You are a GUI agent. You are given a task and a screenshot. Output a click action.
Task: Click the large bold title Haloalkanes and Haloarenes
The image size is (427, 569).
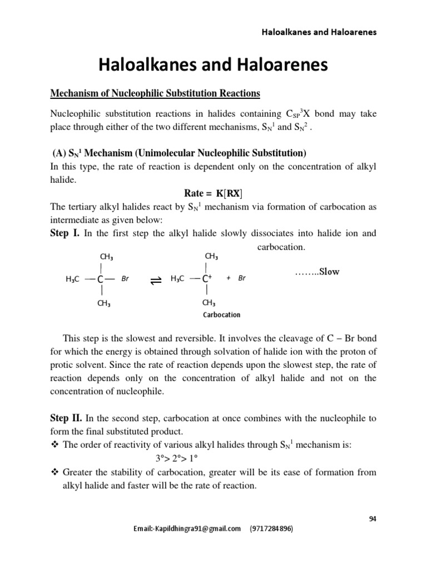click(213, 66)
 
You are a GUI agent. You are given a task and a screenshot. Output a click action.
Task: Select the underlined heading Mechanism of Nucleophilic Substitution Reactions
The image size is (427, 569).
click(155, 93)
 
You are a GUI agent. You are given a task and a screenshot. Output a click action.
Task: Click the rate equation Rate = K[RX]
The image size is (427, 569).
click(213, 193)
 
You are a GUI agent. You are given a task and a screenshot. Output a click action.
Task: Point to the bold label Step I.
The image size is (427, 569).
click(65, 233)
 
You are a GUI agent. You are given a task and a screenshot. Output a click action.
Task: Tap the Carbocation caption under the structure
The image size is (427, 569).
click(221, 315)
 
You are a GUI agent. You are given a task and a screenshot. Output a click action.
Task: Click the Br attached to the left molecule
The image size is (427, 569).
click(125, 278)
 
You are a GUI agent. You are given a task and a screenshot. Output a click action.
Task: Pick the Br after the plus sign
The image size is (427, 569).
click(241, 278)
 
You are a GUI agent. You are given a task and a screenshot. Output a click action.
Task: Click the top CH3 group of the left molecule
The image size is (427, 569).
click(107, 257)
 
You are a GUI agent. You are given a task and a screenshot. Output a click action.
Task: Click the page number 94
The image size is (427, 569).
click(373, 519)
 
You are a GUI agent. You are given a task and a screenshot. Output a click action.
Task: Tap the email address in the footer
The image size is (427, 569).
click(187, 528)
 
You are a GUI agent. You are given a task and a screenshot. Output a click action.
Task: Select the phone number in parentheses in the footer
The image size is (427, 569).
click(271, 528)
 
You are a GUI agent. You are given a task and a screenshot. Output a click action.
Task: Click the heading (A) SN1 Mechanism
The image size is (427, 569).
click(178, 153)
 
